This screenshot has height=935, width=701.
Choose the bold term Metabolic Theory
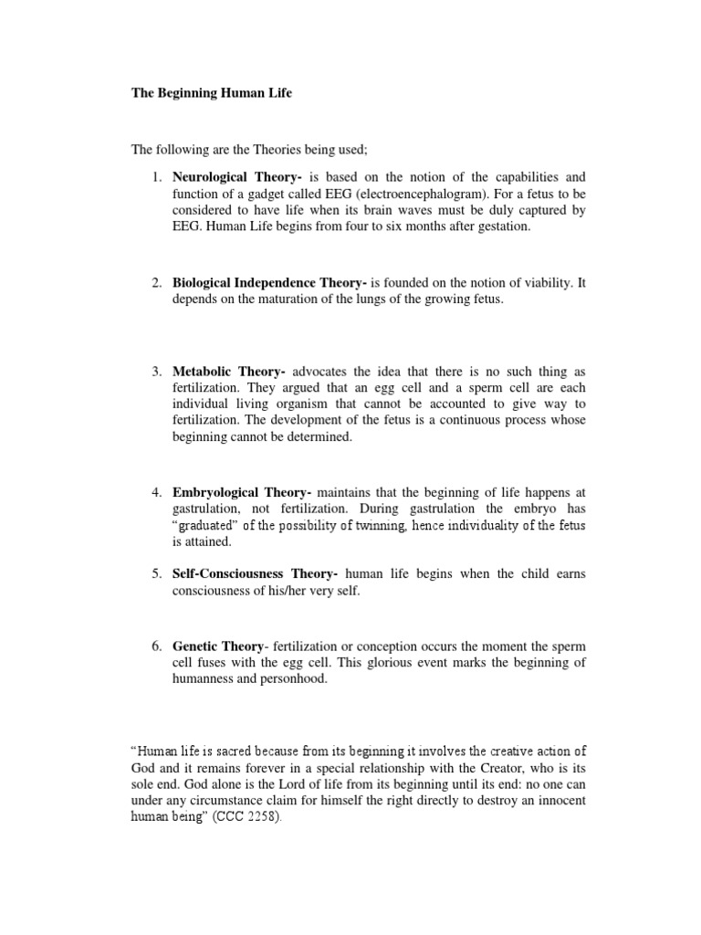click(228, 372)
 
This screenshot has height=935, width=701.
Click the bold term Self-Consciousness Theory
click(256, 573)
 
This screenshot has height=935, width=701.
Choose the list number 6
click(156, 646)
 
